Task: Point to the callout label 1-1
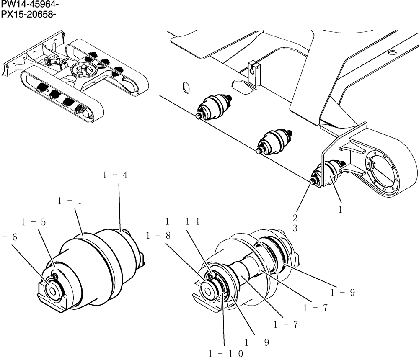70,201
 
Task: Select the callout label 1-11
182,221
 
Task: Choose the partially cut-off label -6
9,237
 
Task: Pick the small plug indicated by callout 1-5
55,275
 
